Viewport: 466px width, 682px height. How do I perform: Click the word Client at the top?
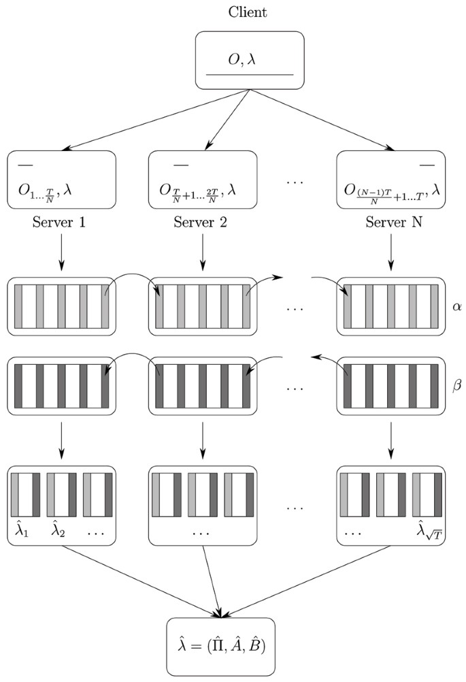coord(248,12)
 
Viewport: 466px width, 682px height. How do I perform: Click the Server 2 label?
coord(202,222)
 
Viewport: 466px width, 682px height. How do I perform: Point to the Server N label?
coord(391,222)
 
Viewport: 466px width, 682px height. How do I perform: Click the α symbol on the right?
coord(456,307)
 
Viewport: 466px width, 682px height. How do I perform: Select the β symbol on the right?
coord(456,385)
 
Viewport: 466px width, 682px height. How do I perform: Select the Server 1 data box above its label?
coord(61,180)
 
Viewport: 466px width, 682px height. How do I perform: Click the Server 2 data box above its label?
coord(202,180)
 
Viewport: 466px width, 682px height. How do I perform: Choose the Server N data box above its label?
coord(391,180)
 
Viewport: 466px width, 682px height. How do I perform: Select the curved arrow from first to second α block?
coord(133,277)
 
